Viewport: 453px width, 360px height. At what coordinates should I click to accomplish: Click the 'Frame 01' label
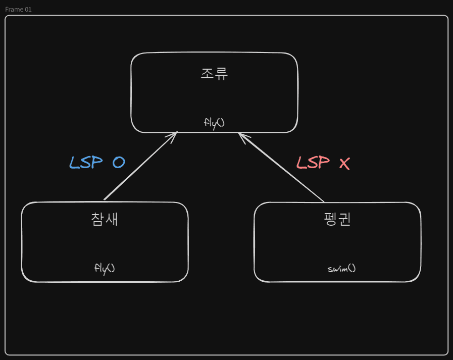18,9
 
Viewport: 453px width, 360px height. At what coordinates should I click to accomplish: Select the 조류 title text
214,74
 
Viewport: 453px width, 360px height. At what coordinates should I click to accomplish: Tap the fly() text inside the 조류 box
214,123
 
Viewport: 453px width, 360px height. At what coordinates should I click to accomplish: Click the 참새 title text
105,219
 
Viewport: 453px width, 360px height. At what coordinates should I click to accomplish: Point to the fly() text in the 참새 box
105,269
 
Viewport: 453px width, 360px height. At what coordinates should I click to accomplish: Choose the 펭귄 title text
337,219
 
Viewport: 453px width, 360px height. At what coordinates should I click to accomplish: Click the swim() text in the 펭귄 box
341,269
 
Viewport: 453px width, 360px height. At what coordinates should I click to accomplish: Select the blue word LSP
86,163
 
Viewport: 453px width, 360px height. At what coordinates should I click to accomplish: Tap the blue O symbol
119,163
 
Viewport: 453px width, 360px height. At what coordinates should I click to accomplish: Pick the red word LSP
313,163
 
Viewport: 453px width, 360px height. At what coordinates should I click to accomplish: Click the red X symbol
344,164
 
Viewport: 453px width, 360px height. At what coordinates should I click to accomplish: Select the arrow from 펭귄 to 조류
281,167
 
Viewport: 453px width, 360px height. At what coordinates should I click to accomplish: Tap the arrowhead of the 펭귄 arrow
239,133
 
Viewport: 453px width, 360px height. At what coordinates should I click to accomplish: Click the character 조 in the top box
207,74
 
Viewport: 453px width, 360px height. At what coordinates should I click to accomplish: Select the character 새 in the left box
112,219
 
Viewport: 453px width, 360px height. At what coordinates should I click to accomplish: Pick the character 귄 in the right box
344,219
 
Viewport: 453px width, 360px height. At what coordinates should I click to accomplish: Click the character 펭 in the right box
330,219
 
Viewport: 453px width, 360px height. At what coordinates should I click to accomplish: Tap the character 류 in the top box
221,74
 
